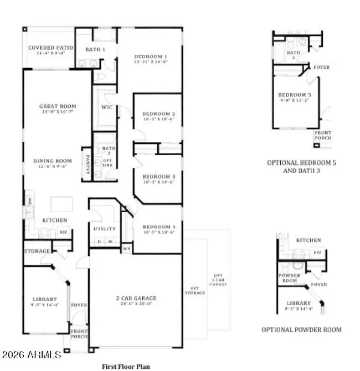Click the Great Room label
(x=58, y=106)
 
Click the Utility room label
(x=105, y=228)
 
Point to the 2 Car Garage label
(x=135, y=298)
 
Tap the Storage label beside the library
(x=37, y=251)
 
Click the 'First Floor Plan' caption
(x=126, y=366)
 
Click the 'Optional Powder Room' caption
(x=301, y=329)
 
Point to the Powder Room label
(x=289, y=277)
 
